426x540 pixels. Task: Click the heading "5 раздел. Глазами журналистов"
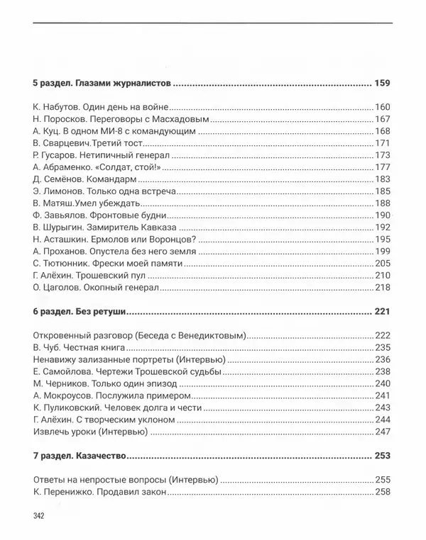[x=102, y=84]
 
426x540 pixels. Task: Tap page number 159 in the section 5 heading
[x=382, y=84]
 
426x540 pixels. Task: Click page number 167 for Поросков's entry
[x=383, y=119]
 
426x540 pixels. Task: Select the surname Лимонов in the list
[x=65, y=191]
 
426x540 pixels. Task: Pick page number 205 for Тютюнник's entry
[x=383, y=264]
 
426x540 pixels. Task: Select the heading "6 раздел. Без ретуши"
[x=80, y=311]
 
